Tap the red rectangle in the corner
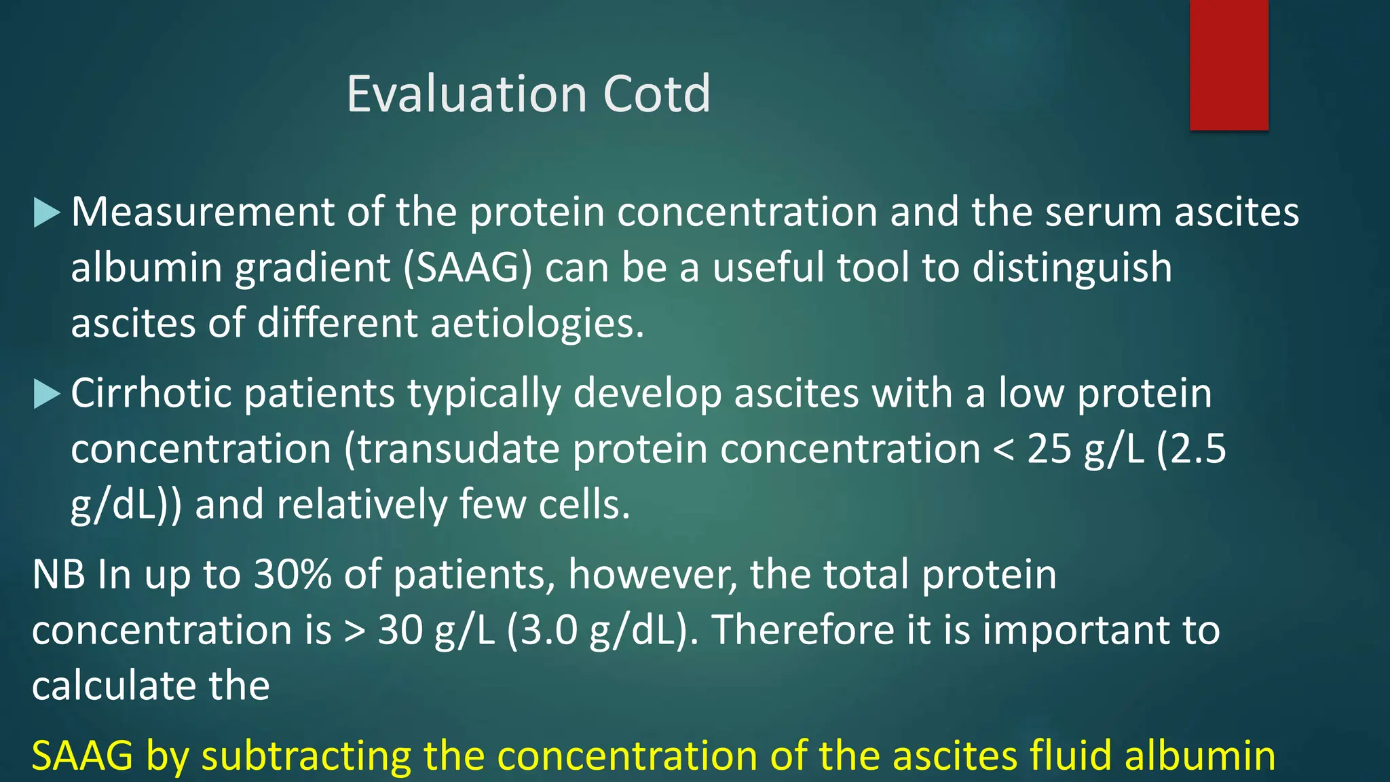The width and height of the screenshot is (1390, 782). pos(1228,64)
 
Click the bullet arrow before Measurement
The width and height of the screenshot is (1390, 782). pos(47,212)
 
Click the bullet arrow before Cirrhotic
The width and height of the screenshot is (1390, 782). pos(47,394)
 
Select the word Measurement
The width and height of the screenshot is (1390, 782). pos(202,212)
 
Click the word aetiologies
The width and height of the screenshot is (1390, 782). pos(537,322)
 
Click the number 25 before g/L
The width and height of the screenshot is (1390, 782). pos(1049,449)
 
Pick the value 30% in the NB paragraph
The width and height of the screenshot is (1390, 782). pos(293,574)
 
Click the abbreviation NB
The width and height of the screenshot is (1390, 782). pos(58,574)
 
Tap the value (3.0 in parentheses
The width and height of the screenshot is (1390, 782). pos(543,630)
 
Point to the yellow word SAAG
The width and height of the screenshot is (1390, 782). pos(83,756)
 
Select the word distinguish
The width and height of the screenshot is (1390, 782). pos(1072,267)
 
